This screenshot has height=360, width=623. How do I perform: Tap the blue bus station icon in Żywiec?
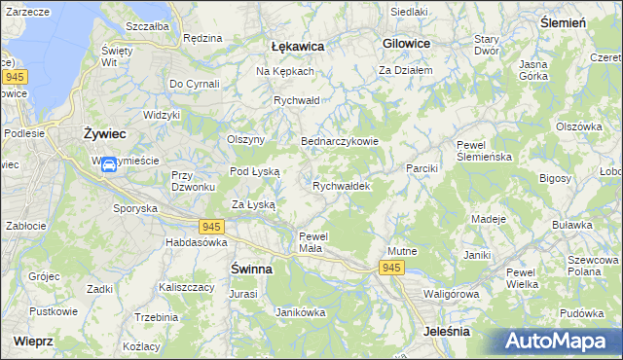[109, 164]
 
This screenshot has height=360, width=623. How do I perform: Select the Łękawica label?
[297, 46]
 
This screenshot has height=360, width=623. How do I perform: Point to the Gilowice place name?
[407, 44]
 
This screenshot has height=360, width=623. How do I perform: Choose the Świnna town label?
[251, 268]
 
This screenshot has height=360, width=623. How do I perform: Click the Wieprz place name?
[34, 342]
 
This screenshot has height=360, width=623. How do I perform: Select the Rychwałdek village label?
[341, 185]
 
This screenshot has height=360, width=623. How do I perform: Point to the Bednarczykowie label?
[339, 140]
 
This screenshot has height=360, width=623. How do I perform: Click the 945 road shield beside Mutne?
[391, 268]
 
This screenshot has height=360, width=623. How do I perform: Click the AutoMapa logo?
[559, 341]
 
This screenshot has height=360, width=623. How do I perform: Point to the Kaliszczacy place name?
[187, 288]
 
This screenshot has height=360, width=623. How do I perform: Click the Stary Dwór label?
[486, 45]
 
